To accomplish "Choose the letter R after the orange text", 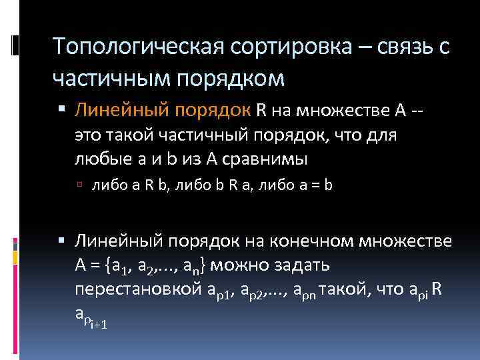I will (263, 110).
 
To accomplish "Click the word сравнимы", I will (274, 159).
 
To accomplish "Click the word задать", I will (305, 266).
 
